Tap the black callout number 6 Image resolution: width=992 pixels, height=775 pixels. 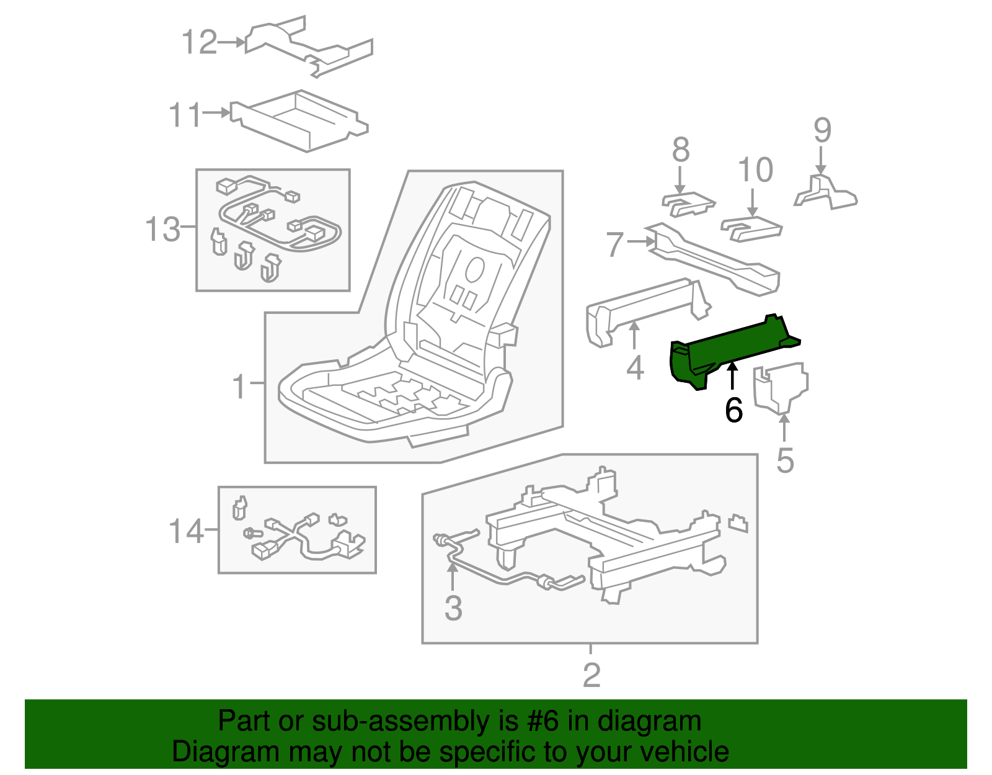[x=733, y=410]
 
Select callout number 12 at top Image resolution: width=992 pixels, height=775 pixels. [x=200, y=43]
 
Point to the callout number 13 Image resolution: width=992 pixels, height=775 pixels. [x=162, y=229]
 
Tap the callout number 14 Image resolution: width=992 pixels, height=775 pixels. [x=186, y=532]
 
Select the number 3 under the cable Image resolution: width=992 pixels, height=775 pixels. [x=453, y=608]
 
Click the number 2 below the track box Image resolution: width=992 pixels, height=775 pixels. [x=591, y=675]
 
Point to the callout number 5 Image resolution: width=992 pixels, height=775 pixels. [x=785, y=460]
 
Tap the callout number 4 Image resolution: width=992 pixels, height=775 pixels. [x=635, y=368]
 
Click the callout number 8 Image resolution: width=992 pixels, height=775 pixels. [x=681, y=150]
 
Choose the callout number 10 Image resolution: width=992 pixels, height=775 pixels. [x=755, y=170]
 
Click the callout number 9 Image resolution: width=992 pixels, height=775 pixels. [x=822, y=130]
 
